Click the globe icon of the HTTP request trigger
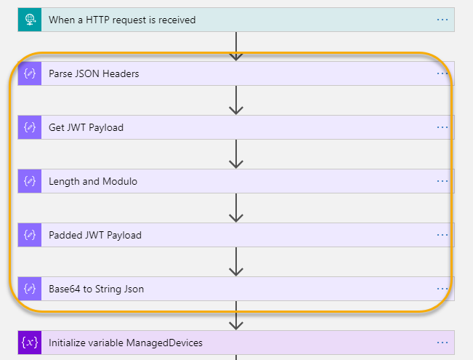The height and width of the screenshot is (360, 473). coord(30,20)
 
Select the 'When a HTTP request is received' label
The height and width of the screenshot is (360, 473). coord(122,20)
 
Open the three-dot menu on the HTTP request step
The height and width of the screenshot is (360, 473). coord(442,20)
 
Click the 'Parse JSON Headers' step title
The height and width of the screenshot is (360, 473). coord(94,73)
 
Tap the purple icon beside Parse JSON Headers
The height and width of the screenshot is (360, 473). coord(30,73)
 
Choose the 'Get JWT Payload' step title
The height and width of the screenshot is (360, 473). coord(86,127)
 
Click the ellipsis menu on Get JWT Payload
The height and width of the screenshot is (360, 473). coord(442,127)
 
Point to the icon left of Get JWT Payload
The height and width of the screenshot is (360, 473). coord(30,127)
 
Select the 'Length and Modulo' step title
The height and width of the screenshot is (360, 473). coord(93,181)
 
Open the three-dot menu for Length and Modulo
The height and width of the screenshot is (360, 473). coord(442,181)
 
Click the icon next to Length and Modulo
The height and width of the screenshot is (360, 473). coord(30,181)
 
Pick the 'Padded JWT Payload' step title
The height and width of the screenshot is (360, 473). coord(95,235)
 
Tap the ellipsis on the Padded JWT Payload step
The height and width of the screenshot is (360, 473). coord(442,235)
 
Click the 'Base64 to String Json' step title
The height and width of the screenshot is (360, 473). coord(96,289)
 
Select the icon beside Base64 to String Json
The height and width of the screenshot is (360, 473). coord(30,289)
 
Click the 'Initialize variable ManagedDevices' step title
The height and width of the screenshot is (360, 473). coord(126,343)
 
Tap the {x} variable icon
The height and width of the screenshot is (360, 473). coord(30,343)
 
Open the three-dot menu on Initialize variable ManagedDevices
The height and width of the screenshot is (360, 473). coord(442,343)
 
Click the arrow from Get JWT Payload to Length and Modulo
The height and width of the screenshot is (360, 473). coord(236,154)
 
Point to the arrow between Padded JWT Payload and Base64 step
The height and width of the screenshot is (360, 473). coord(236,262)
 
